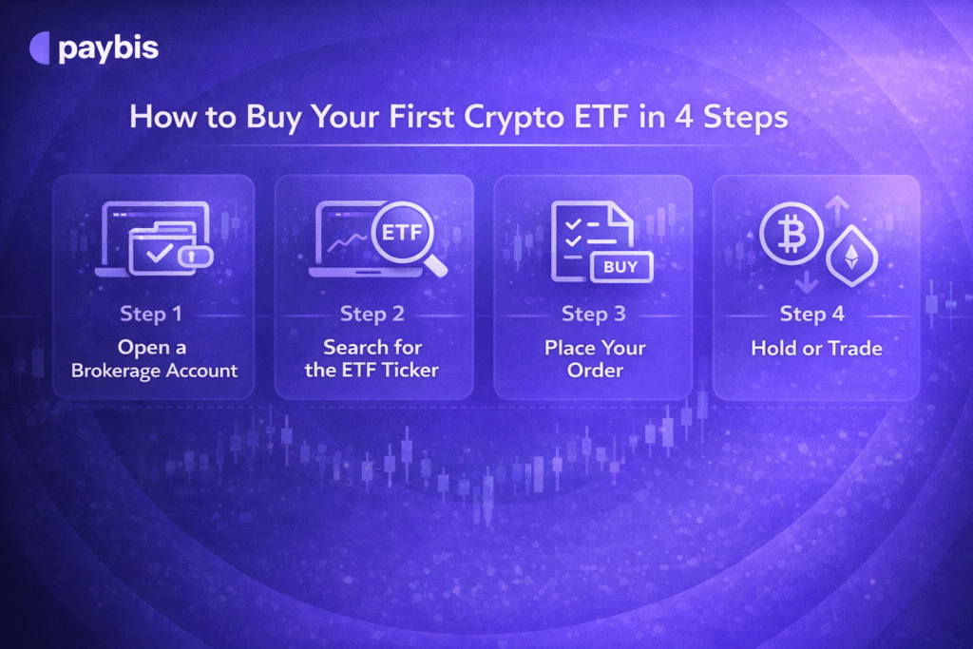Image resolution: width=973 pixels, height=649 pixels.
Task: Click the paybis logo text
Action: (107, 48)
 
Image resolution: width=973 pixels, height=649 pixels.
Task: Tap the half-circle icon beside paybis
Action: (41, 48)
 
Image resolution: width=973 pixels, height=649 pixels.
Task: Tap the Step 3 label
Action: (593, 314)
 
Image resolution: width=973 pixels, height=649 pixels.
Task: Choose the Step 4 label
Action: (812, 314)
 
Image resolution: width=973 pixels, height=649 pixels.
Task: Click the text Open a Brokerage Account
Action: (153, 358)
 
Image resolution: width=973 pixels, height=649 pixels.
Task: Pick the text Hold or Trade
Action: (816, 348)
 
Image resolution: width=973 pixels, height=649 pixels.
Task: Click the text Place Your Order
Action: (594, 358)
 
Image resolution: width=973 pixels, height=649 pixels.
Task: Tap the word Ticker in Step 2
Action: (408, 370)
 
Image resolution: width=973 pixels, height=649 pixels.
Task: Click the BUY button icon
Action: (621, 267)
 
